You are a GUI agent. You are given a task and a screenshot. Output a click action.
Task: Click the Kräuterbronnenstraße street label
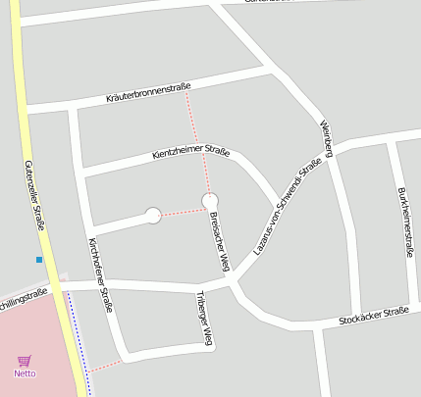148,93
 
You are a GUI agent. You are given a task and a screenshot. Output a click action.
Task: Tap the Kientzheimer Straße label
191,153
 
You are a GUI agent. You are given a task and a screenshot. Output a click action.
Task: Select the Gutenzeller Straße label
34,195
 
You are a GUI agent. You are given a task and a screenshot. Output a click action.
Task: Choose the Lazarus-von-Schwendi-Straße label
288,208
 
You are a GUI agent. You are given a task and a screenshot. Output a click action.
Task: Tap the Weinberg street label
328,138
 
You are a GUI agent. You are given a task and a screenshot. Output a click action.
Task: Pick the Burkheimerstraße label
404,223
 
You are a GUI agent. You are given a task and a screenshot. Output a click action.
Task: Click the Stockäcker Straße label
372,316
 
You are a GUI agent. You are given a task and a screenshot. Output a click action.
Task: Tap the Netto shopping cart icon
25,361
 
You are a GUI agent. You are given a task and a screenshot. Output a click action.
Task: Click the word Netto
25,373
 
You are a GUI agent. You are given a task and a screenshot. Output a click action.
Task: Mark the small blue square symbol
39,260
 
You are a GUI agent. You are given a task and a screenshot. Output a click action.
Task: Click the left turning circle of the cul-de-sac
153,216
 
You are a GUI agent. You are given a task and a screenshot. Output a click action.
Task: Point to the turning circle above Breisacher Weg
209,201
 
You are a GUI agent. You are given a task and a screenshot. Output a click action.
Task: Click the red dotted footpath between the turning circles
182,210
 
